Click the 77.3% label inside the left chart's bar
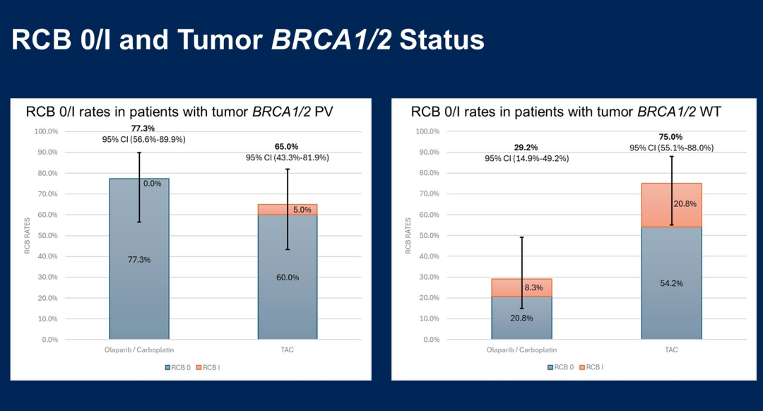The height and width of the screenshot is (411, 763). pos(139,260)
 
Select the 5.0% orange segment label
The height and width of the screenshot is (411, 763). pos(302,210)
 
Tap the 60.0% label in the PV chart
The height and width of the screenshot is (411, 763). pos(288,278)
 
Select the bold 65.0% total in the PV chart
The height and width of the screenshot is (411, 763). pos(287,147)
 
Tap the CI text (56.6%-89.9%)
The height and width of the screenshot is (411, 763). pos(144,140)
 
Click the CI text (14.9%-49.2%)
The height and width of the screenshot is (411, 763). pos(526,158)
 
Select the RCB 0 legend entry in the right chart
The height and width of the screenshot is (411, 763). pos(561,367)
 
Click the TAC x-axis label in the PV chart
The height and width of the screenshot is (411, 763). pos(287,350)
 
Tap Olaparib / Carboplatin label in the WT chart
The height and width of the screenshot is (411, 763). pos(521,350)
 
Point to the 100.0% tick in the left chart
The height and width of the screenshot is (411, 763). pos(46,131)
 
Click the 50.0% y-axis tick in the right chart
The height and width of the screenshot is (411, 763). pos(427,235)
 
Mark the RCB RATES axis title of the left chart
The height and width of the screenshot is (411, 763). pos(28,235)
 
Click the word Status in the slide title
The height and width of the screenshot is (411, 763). pos(442,40)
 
